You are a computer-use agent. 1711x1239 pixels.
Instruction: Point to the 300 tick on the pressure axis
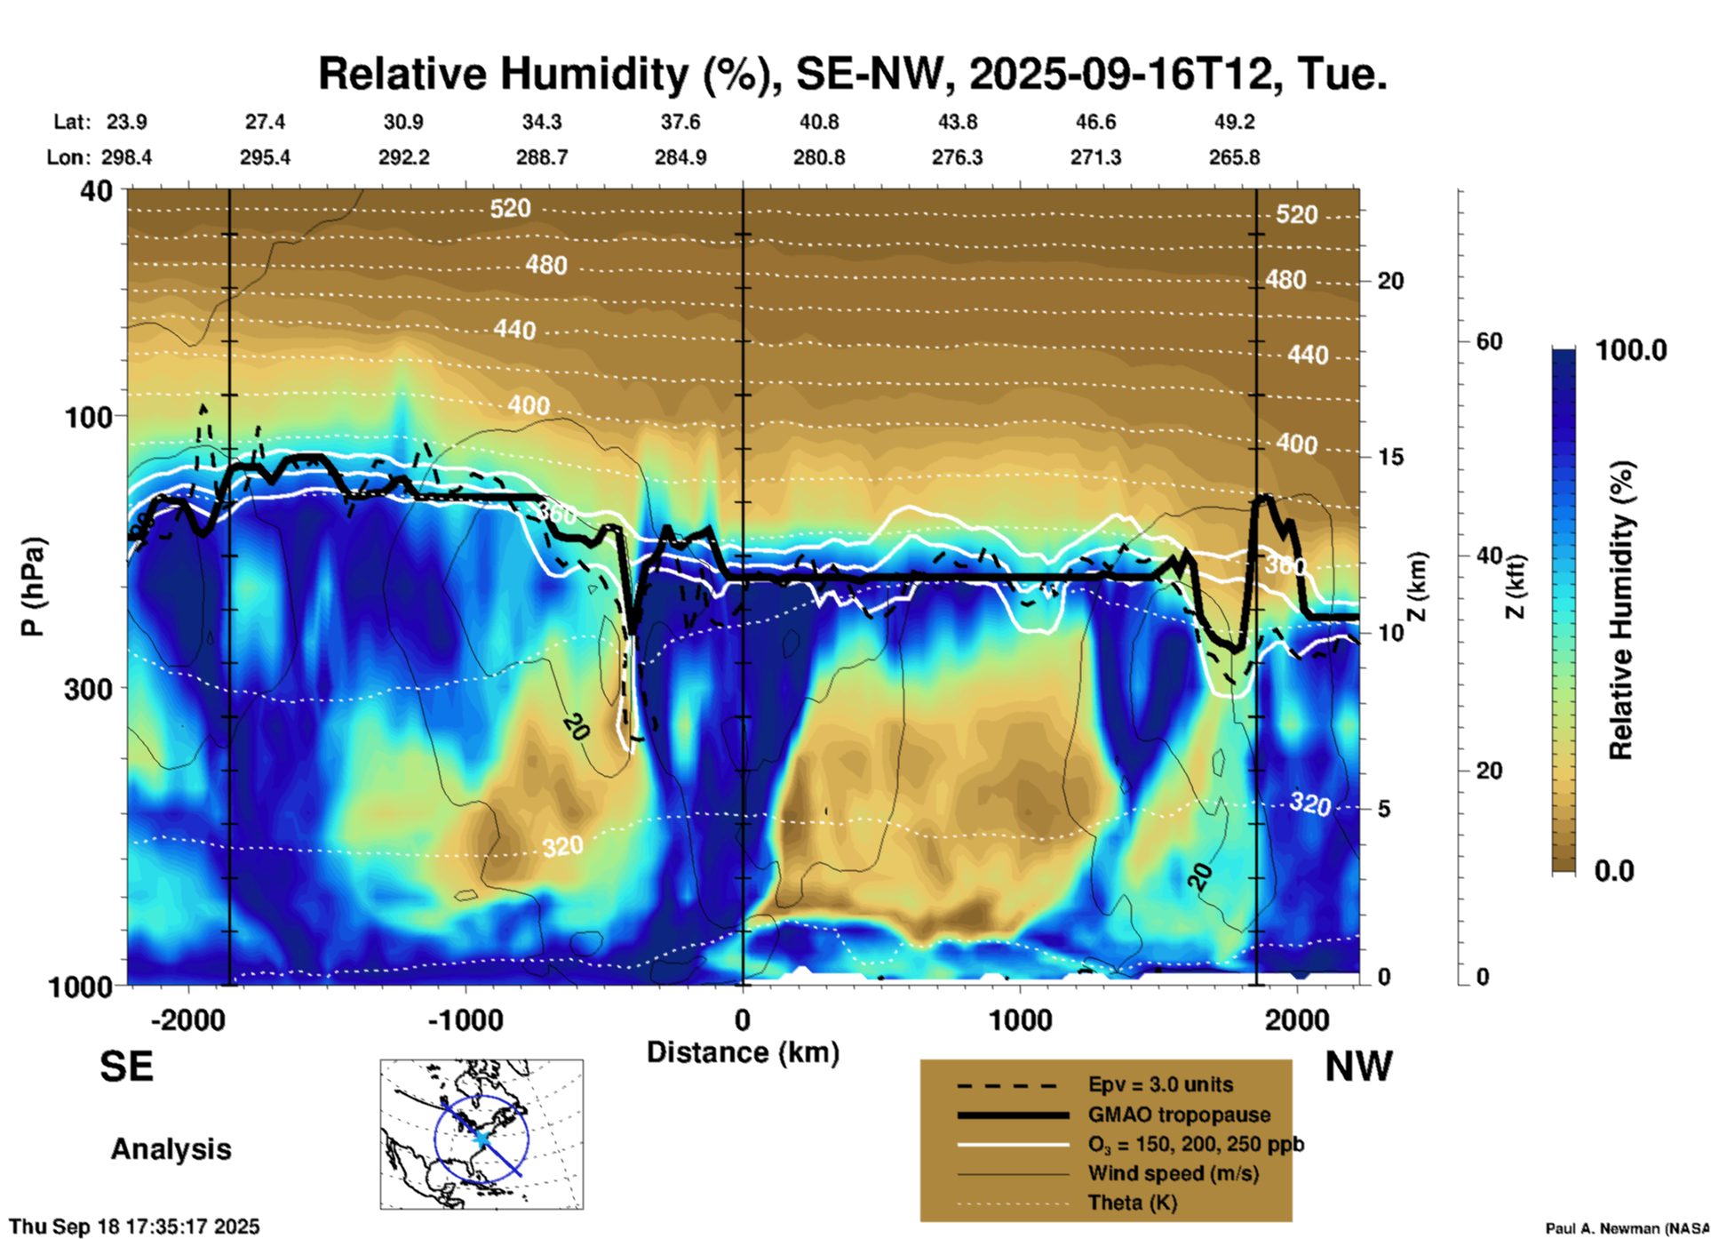point(88,688)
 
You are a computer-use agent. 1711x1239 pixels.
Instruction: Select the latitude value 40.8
point(818,122)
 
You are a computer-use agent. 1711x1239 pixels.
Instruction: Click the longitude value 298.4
point(126,157)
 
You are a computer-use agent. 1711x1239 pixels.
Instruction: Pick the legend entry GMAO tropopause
point(1178,1115)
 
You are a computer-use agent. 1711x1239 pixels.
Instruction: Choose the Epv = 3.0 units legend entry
point(1159,1084)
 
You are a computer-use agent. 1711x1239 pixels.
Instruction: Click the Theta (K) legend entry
point(1132,1203)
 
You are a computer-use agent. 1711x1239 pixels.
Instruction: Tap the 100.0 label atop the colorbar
point(1631,350)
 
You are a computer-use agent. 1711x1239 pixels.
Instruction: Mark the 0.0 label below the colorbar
point(1614,870)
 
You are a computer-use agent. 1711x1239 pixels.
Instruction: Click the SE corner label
point(126,1066)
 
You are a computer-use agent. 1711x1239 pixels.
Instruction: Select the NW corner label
point(1358,1066)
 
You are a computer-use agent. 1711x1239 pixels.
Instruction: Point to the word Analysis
point(171,1148)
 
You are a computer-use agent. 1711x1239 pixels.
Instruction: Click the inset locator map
point(481,1134)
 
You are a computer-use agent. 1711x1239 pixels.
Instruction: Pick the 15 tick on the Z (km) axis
point(1389,457)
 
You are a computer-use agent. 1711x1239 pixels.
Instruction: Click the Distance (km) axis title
point(743,1052)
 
